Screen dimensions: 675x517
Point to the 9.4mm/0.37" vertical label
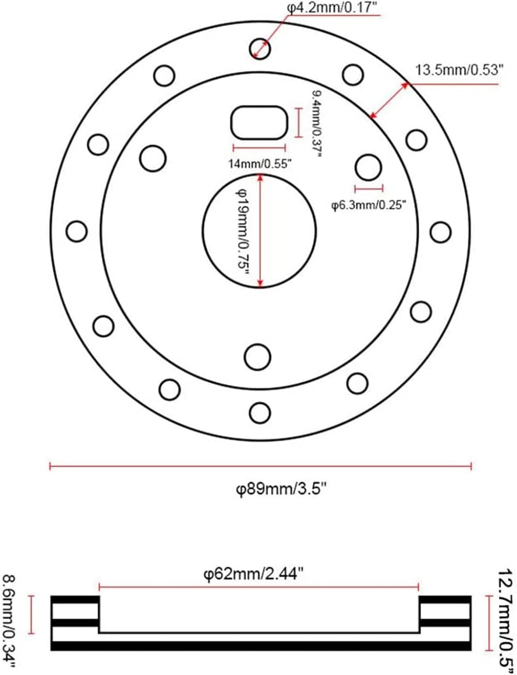pos(317,123)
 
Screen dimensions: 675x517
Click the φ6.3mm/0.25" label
pos(369,205)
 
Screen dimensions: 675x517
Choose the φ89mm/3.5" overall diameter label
pos(281,488)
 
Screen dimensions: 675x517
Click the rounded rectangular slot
pos(259,122)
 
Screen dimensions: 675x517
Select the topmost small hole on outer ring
pos(260,48)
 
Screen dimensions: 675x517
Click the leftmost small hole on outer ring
pos(76,231)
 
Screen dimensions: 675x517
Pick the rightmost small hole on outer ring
pos(440,232)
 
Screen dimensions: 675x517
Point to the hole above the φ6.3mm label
pos(368,167)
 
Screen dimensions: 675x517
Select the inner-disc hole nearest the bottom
pos(257,356)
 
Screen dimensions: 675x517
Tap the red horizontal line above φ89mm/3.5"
pos(260,466)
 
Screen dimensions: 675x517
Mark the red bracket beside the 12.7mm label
pos(489,623)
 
